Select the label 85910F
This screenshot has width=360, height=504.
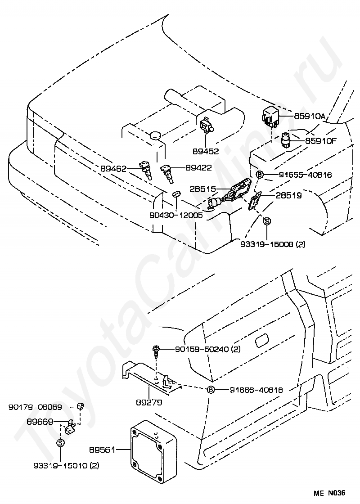pyautogui.click(x=321, y=140)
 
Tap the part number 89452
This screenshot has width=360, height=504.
pyautogui.click(x=206, y=151)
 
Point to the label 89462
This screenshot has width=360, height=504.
pyautogui.click(x=113, y=168)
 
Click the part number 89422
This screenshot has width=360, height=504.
pyautogui.click(x=198, y=167)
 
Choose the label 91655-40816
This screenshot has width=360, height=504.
pyautogui.click(x=306, y=175)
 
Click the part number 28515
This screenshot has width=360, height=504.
pyautogui.click(x=203, y=189)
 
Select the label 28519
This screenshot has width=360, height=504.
pyautogui.click(x=288, y=195)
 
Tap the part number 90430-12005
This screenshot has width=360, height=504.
pyautogui.click(x=176, y=215)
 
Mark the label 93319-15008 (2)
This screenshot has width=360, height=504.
pyautogui.click(x=273, y=244)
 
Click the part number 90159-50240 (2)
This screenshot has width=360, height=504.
pyautogui.click(x=207, y=349)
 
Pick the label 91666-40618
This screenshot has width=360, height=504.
pyautogui.click(x=256, y=390)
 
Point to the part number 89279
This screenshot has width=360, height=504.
pyautogui.click(x=149, y=402)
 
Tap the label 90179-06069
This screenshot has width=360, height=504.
pyautogui.click(x=35, y=407)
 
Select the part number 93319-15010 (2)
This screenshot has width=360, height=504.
pyautogui.click(x=66, y=465)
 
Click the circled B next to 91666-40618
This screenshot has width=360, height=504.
pyautogui.click(x=210, y=390)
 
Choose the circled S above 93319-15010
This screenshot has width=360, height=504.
pyautogui.click(x=60, y=443)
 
